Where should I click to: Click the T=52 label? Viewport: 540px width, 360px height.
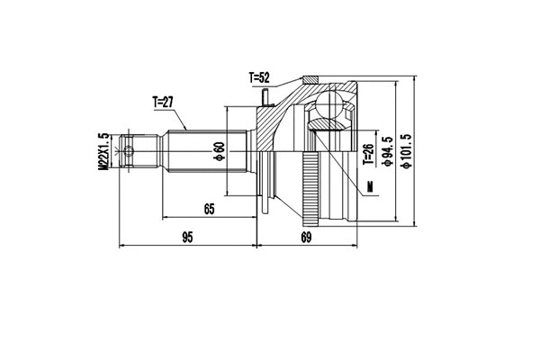coord(263,79)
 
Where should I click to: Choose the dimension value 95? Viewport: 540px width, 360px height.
coord(187,238)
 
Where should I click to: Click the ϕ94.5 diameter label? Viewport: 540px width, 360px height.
coord(388,150)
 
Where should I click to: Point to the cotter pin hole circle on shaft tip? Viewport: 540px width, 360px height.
coord(129,150)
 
